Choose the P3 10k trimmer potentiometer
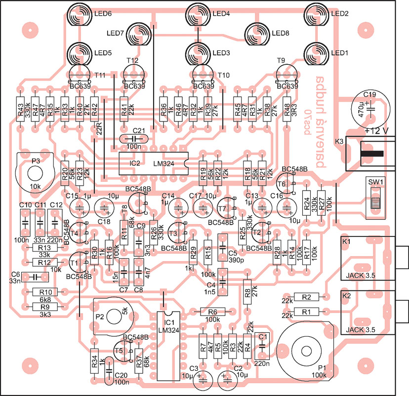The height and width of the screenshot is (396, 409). pos(34,172)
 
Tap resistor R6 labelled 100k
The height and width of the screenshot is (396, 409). pos(213,311)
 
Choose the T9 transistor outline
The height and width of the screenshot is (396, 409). pos(287,74)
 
